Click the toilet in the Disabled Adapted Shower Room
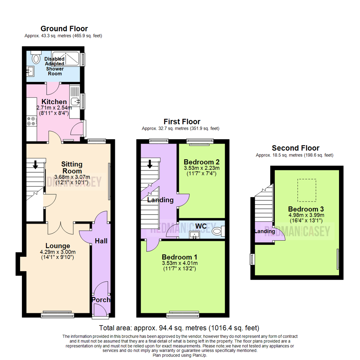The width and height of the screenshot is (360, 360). tap(35, 58)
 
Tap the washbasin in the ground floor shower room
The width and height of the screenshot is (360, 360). tap(31, 71)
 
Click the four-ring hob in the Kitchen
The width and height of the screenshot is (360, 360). tap(31, 121)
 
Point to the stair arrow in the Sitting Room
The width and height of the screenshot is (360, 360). tap(35, 164)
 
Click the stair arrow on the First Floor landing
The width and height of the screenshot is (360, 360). tap(150, 164)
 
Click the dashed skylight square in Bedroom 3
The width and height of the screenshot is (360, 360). tap(306, 190)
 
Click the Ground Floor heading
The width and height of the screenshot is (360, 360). tap(64, 29)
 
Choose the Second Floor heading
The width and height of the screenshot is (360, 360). tap(295, 148)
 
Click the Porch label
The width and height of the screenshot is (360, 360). tap(101, 300)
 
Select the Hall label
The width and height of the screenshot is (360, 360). tap(101, 241)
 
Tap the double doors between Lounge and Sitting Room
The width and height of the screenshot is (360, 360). tap(60, 227)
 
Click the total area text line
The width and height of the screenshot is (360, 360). tap(179, 328)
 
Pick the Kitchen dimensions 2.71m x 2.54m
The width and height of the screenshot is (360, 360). tap(53, 108)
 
